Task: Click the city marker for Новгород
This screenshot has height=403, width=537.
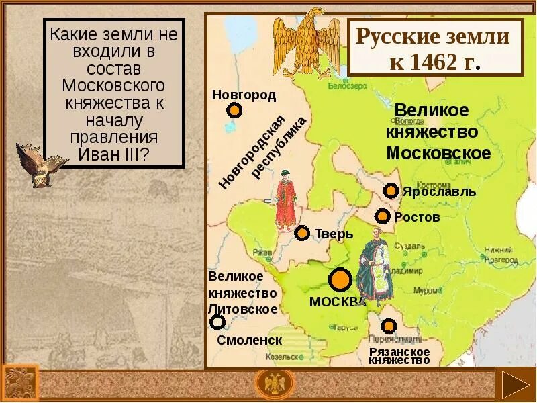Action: coord(234,110)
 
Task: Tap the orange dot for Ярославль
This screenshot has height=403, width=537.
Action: coord(391,191)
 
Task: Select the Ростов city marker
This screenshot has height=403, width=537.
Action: coord(382,216)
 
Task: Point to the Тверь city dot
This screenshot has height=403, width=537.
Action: coord(302,233)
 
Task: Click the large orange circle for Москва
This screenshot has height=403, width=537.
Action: coord(340,279)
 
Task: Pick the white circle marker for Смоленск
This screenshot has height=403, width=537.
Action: coord(217,322)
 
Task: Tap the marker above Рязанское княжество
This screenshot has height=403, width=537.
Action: coord(389,326)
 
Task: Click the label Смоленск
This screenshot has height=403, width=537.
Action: coord(249,340)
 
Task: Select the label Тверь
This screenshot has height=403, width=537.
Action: coord(334,234)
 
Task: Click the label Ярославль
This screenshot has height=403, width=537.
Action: coord(439,192)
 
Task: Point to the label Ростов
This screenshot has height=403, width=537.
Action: coord(417,217)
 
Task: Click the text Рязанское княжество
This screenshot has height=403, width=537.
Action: coord(399,356)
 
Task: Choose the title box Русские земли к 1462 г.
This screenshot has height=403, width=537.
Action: coord(436,47)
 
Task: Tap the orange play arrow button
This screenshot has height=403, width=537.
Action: coord(515,386)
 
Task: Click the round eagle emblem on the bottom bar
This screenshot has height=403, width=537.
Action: coord(275,385)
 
